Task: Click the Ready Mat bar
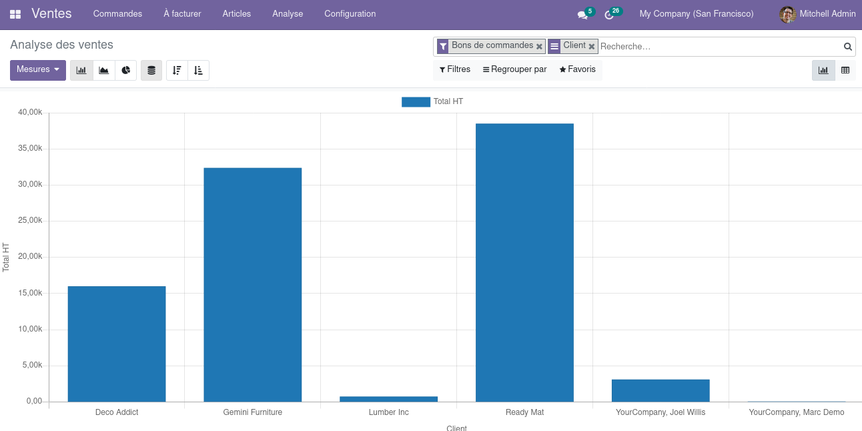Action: tap(524, 262)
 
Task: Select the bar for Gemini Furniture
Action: tap(252, 285)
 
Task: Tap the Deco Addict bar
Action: tap(117, 344)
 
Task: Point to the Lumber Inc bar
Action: tap(388, 399)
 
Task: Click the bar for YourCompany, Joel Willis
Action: tap(661, 390)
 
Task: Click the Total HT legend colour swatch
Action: tap(416, 101)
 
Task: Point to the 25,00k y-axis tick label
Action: tap(30, 220)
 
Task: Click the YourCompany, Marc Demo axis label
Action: tap(796, 412)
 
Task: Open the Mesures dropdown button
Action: tap(38, 70)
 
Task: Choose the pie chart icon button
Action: tap(126, 70)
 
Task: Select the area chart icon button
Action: tap(103, 70)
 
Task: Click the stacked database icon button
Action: tap(151, 70)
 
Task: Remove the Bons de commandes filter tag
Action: tap(539, 47)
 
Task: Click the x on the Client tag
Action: tap(592, 47)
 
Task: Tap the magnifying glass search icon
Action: tap(847, 47)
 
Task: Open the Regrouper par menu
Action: tap(515, 69)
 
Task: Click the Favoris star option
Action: tap(577, 69)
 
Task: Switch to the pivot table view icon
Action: tap(845, 70)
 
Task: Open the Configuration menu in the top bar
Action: tap(350, 14)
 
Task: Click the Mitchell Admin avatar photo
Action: tap(787, 15)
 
